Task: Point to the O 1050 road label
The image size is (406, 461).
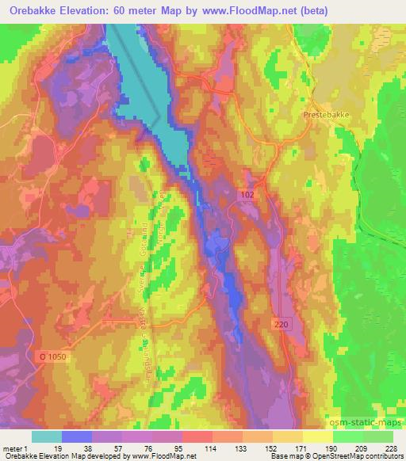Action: coord(54,357)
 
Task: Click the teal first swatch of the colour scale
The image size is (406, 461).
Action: coord(47,436)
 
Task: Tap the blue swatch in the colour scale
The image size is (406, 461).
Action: coord(77,436)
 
